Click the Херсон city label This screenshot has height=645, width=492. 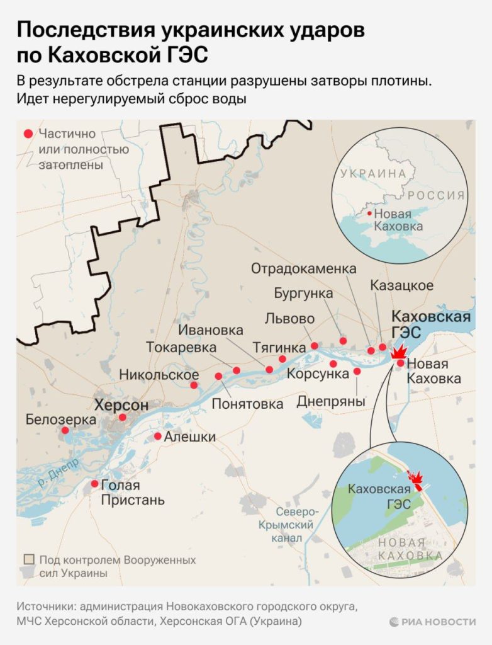[121, 405]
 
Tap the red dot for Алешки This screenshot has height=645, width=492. [158, 437]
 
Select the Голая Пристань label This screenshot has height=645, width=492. [133, 493]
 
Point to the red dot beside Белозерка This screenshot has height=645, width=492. [65, 431]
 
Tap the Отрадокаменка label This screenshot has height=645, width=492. [303, 269]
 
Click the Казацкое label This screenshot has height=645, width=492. [401, 285]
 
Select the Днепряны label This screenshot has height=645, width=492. [330, 401]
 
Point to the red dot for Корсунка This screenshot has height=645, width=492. [333, 364]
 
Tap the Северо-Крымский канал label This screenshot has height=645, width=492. [286, 525]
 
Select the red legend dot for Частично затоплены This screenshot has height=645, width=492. [27, 134]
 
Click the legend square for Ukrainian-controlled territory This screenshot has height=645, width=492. [28, 560]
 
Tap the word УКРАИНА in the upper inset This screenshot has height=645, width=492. [373, 173]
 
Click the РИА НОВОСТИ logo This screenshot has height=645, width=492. [432, 622]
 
